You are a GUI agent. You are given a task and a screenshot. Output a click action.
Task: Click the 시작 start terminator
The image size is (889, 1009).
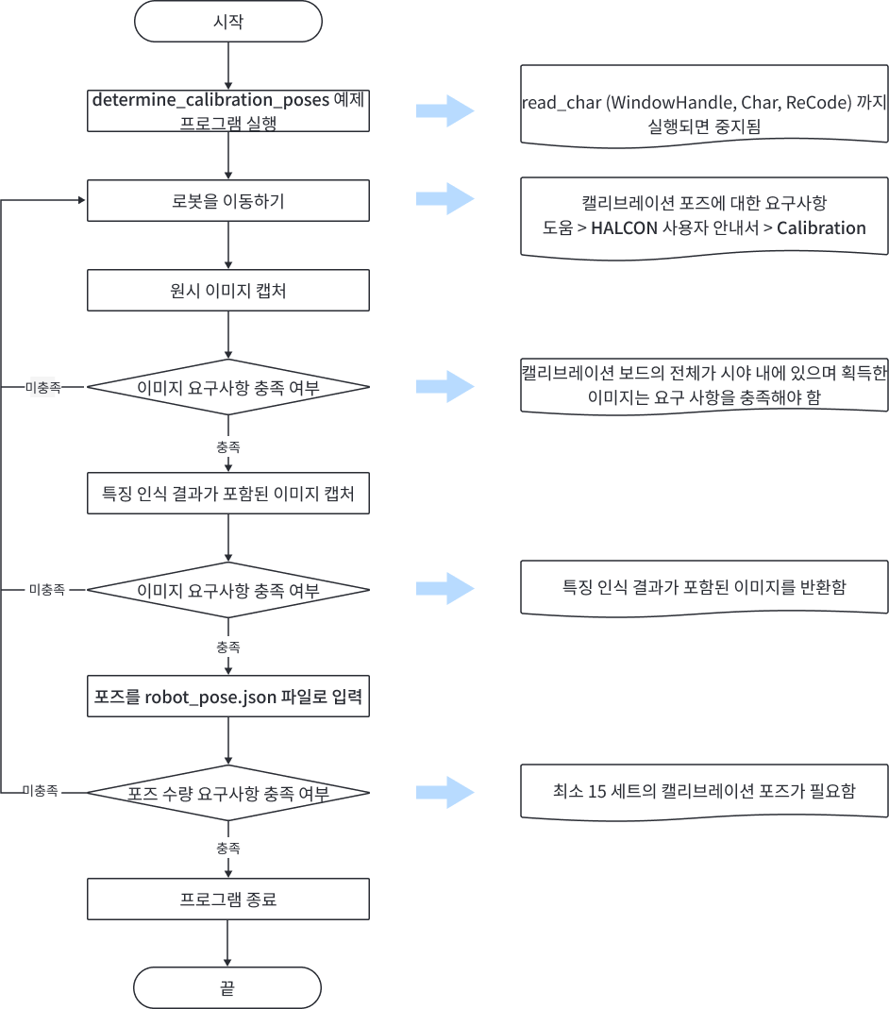pyautogui.click(x=228, y=22)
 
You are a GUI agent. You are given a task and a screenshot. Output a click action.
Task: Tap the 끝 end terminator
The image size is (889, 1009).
pyautogui.click(x=228, y=988)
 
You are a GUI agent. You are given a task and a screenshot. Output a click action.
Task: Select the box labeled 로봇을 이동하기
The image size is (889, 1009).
pyautogui.click(x=228, y=200)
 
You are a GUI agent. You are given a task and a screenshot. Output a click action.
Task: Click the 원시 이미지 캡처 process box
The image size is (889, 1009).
pyautogui.click(x=228, y=291)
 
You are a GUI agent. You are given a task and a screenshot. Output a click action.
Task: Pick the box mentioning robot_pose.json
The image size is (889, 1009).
pyautogui.click(x=228, y=698)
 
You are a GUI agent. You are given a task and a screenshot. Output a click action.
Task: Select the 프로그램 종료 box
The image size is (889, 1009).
pyautogui.click(x=228, y=900)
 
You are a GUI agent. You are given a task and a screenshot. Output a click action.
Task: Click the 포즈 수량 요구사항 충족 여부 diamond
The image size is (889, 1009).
pyautogui.click(x=228, y=793)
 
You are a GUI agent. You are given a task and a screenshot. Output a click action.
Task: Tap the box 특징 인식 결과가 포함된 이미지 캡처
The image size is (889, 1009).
pyautogui.click(x=228, y=494)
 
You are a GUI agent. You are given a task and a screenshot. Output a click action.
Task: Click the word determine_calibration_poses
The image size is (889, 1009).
pyautogui.click(x=210, y=99)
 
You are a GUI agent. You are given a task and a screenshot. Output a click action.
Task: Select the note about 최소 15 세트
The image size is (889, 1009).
pyautogui.click(x=704, y=791)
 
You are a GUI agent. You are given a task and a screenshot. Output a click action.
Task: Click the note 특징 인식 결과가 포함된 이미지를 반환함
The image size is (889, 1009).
pyautogui.click(x=704, y=587)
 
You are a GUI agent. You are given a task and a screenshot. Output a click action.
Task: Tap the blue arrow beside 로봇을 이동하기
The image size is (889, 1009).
pyautogui.click(x=444, y=199)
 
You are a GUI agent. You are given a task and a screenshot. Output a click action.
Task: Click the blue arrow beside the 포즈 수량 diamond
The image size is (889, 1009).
pyautogui.click(x=444, y=791)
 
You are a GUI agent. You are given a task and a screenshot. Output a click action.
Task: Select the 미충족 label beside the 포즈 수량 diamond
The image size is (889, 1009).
pyautogui.click(x=41, y=791)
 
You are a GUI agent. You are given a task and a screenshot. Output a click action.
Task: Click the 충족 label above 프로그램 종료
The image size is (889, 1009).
pyautogui.click(x=228, y=848)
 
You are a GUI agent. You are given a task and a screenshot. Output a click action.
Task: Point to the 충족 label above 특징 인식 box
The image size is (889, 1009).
pyautogui.click(x=228, y=446)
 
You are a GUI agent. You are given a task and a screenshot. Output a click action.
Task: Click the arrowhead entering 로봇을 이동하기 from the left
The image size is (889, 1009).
pyautogui.click(x=81, y=200)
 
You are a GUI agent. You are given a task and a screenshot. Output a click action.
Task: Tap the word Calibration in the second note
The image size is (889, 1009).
pyautogui.click(x=821, y=227)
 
